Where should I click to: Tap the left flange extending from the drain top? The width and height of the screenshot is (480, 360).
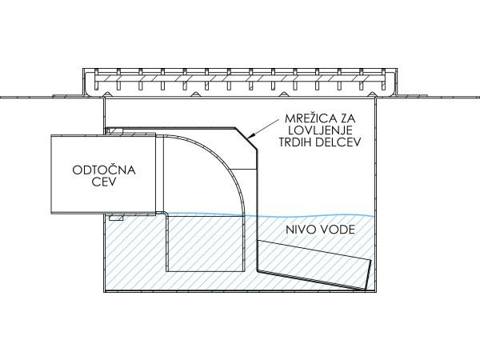click(40, 98)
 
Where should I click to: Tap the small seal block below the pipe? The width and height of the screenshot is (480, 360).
click(117, 217)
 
